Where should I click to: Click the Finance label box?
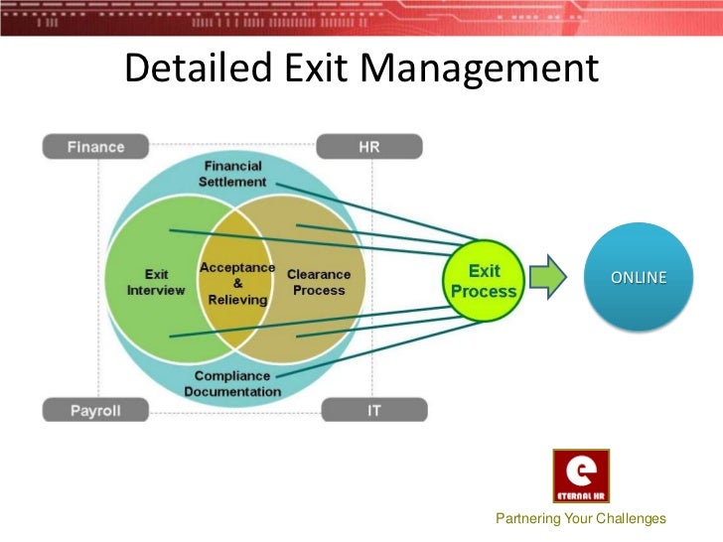point(96,147)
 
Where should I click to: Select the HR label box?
point(367,147)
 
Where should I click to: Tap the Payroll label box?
point(96,409)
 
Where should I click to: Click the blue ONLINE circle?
point(639,277)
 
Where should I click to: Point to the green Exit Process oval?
point(484,281)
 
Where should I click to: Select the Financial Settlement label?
point(232,174)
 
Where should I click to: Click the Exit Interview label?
point(157,282)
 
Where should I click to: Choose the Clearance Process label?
point(319,282)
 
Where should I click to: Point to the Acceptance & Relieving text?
point(237,283)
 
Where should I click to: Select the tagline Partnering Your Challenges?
point(581,519)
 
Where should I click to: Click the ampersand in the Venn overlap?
point(237,283)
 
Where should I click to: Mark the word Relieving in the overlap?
point(237,299)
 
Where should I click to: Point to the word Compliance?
point(233,375)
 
